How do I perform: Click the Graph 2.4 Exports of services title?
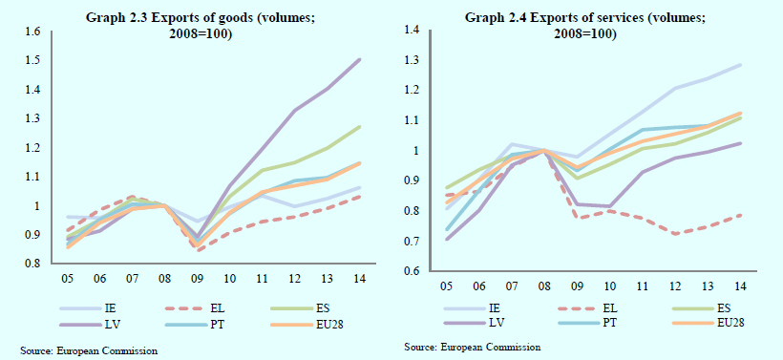(584, 26)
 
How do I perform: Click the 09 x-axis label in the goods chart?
(197, 278)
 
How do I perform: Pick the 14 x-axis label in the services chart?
(740, 286)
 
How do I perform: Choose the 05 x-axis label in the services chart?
(447, 286)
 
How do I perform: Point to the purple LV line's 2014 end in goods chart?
(360, 60)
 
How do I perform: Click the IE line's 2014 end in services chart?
(740, 65)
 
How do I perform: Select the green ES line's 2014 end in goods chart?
(360, 127)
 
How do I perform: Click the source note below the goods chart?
(89, 351)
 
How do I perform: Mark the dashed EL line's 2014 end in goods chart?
(360, 197)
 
